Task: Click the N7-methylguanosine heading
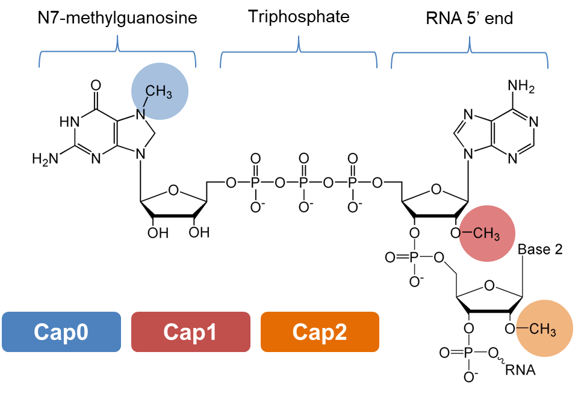(x=117, y=18)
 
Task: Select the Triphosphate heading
(x=299, y=16)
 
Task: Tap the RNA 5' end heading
(x=470, y=18)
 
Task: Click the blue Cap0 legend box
(x=61, y=332)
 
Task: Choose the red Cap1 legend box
(x=190, y=332)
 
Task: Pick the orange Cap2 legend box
(x=320, y=332)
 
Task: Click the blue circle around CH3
(x=160, y=91)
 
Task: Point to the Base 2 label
(x=540, y=249)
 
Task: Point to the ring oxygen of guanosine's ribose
(x=173, y=191)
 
